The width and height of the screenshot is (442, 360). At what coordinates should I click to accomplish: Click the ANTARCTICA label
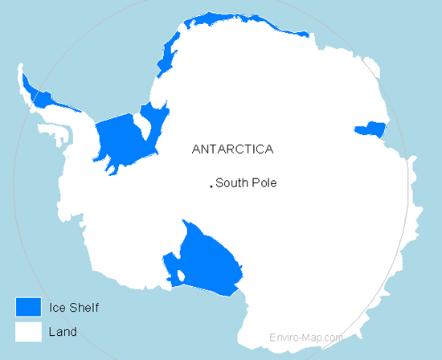[x=233, y=149]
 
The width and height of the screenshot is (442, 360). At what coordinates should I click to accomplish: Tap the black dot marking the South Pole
[x=211, y=186]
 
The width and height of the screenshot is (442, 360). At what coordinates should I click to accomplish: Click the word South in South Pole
[x=231, y=183]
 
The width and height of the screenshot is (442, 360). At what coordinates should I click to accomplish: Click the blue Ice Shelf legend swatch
[x=28, y=306]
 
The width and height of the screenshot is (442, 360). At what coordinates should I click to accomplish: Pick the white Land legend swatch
[x=28, y=331]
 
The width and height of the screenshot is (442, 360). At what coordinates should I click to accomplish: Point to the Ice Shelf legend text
[x=73, y=306]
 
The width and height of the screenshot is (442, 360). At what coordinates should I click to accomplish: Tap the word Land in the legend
[x=62, y=331]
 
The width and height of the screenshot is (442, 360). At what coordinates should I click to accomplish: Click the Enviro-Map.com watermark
[x=306, y=338]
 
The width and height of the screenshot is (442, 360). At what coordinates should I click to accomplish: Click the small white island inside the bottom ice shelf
[x=182, y=277]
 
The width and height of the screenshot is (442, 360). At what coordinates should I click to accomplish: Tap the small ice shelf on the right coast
[x=370, y=129]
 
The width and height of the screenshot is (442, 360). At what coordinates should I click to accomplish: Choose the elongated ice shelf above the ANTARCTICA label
[x=168, y=59]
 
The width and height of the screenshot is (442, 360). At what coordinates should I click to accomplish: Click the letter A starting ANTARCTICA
[x=196, y=149]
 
